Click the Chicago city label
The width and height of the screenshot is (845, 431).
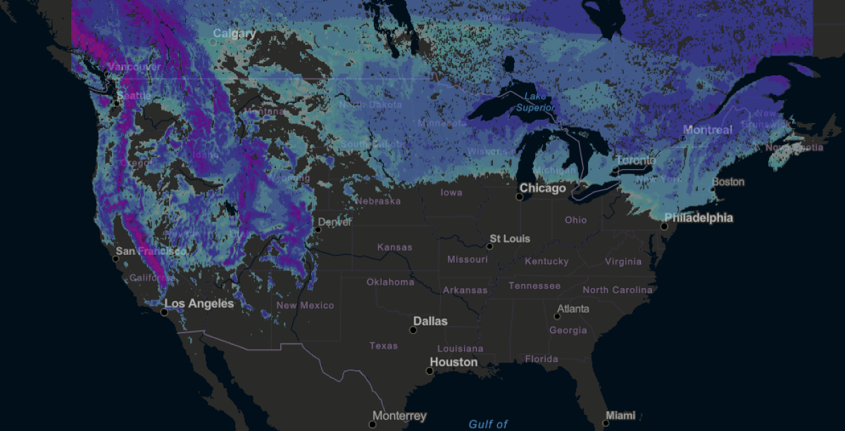pyautogui.click(x=542, y=189)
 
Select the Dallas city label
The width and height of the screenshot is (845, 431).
pyautogui.click(x=430, y=321)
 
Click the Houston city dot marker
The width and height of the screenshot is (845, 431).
pyautogui.click(x=430, y=370)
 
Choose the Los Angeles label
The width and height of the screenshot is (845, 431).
pyautogui.click(x=199, y=304)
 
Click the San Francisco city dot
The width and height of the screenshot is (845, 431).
pyautogui.click(x=116, y=258)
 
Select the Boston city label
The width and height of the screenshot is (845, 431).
pyautogui.click(x=728, y=182)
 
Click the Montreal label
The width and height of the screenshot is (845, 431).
pyautogui.click(x=708, y=130)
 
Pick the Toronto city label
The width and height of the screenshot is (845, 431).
pyautogui.click(x=635, y=161)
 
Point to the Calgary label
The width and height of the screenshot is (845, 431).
pyautogui.click(x=234, y=34)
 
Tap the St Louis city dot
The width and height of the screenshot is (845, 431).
pyautogui.click(x=489, y=246)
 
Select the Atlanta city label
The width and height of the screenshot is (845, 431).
pyautogui.click(x=573, y=309)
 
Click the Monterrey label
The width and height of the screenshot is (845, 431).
pyautogui.click(x=399, y=416)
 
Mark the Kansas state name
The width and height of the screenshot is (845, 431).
pyautogui.click(x=394, y=247)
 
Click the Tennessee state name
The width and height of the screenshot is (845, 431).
pyautogui.click(x=534, y=286)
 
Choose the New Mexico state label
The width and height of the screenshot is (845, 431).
pyautogui.click(x=305, y=306)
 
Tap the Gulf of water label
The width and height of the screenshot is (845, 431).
pyautogui.click(x=488, y=424)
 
